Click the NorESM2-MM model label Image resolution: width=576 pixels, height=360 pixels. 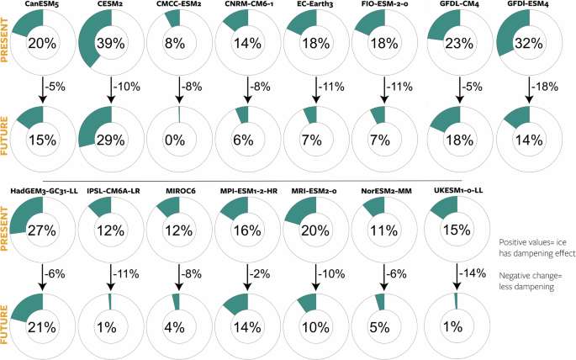tap(386, 191)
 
